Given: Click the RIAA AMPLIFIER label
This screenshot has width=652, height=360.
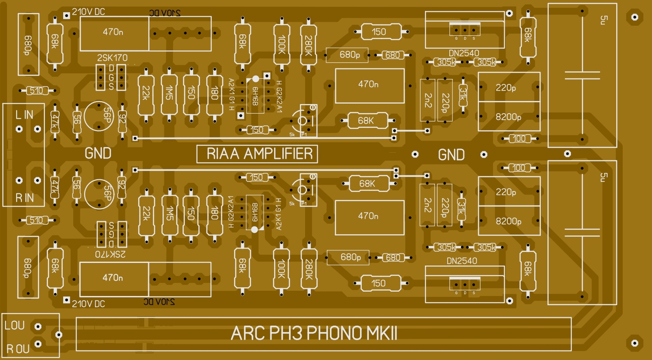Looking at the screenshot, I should click(257, 154).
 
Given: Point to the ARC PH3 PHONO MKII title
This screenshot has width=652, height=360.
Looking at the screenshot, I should click(314, 334).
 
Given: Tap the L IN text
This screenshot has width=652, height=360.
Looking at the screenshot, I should click(24, 115).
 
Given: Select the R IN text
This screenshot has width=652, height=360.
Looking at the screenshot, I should click(24, 198).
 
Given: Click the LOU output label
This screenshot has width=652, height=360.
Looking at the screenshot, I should click(15, 324).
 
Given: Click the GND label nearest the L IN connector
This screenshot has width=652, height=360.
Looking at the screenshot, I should click(98, 153).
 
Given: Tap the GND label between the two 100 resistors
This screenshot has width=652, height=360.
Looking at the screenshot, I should click(451, 154).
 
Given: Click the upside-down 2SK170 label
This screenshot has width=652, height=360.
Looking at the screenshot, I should click(111, 253).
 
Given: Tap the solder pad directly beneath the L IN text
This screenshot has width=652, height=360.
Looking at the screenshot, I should click(19, 129).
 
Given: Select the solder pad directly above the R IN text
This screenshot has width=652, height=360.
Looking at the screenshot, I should click(19, 180).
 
